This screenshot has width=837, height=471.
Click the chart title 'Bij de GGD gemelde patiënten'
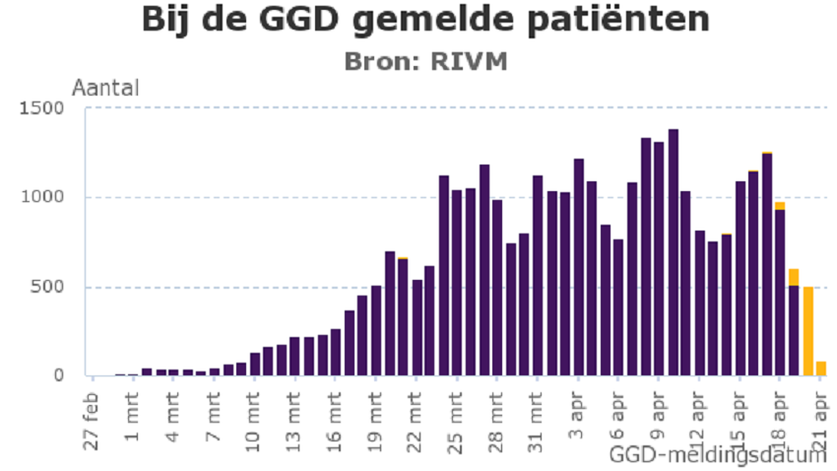point(424,20)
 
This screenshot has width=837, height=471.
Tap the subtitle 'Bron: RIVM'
point(424,61)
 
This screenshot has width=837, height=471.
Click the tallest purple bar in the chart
point(673,252)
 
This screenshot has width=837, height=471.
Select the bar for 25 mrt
point(444,276)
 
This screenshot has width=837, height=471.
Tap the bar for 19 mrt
point(376,330)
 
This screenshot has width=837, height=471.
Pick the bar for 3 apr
point(578,267)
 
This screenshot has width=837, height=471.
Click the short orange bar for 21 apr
point(820,369)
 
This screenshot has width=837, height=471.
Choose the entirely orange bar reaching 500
point(807,331)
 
